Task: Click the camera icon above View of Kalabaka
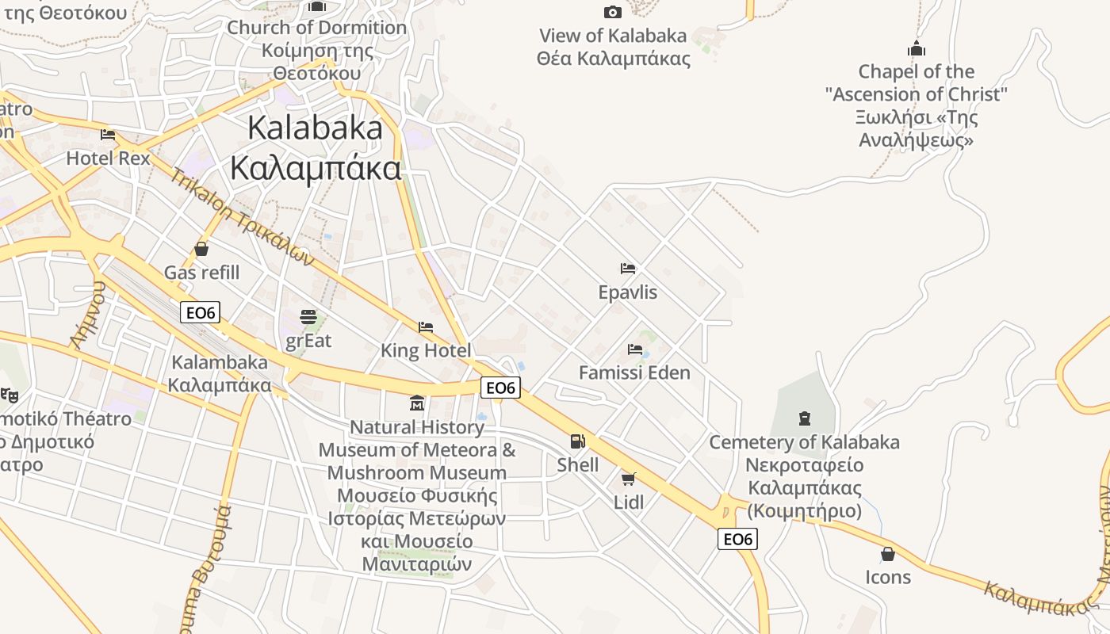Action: click(612, 12)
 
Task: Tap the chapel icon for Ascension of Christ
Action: click(917, 48)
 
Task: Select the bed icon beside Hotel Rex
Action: click(108, 135)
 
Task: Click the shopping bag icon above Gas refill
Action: click(201, 249)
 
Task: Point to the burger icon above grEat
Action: click(308, 317)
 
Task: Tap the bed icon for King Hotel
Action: click(426, 327)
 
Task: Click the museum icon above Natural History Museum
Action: click(417, 403)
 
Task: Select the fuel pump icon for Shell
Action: click(578, 441)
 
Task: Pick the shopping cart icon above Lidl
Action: click(629, 478)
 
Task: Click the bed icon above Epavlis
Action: click(628, 269)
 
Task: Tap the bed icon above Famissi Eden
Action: click(634, 349)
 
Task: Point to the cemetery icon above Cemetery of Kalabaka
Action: click(805, 418)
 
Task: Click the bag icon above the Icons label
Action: click(888, 553)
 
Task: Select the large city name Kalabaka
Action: click(315, 128)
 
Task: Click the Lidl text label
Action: click(629, 502)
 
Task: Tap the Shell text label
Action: click(578, 464)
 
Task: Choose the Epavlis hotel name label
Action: click(628, 292)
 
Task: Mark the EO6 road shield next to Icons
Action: click(737, 539)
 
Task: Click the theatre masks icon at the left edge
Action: click(9, 393)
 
